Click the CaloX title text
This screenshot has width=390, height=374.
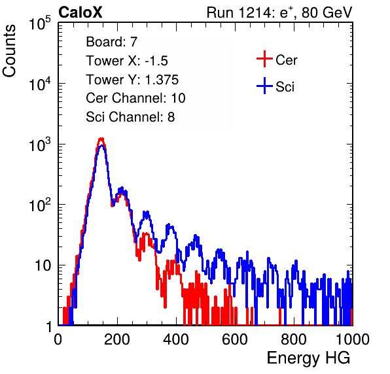(80, 12)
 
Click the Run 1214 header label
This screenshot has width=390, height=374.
(279, 12)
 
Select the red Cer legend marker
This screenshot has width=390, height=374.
(264, 59)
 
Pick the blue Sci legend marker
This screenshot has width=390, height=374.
(264, 86)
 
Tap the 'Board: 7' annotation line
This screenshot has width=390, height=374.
(111, 41)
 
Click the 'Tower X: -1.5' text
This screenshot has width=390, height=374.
(127, 61)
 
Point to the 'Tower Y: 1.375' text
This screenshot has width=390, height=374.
(132, 80)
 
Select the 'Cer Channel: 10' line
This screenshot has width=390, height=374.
(135, 98)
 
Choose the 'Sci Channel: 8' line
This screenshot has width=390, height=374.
(130, 117)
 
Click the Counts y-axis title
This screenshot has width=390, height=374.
(9, 51)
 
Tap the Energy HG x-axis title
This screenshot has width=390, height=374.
(308, 358)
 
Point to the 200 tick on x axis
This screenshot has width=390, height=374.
(117, 339)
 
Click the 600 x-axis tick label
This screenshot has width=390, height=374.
(235, 339)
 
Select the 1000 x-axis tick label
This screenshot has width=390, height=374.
(353, 339)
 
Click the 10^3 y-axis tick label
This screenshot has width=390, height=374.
(40, 144)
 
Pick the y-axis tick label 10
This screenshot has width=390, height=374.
(43, 265)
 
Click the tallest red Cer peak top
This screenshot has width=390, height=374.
(101, 139)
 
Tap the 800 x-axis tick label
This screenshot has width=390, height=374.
(294, 339)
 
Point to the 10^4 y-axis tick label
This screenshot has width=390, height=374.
(40, 84)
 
